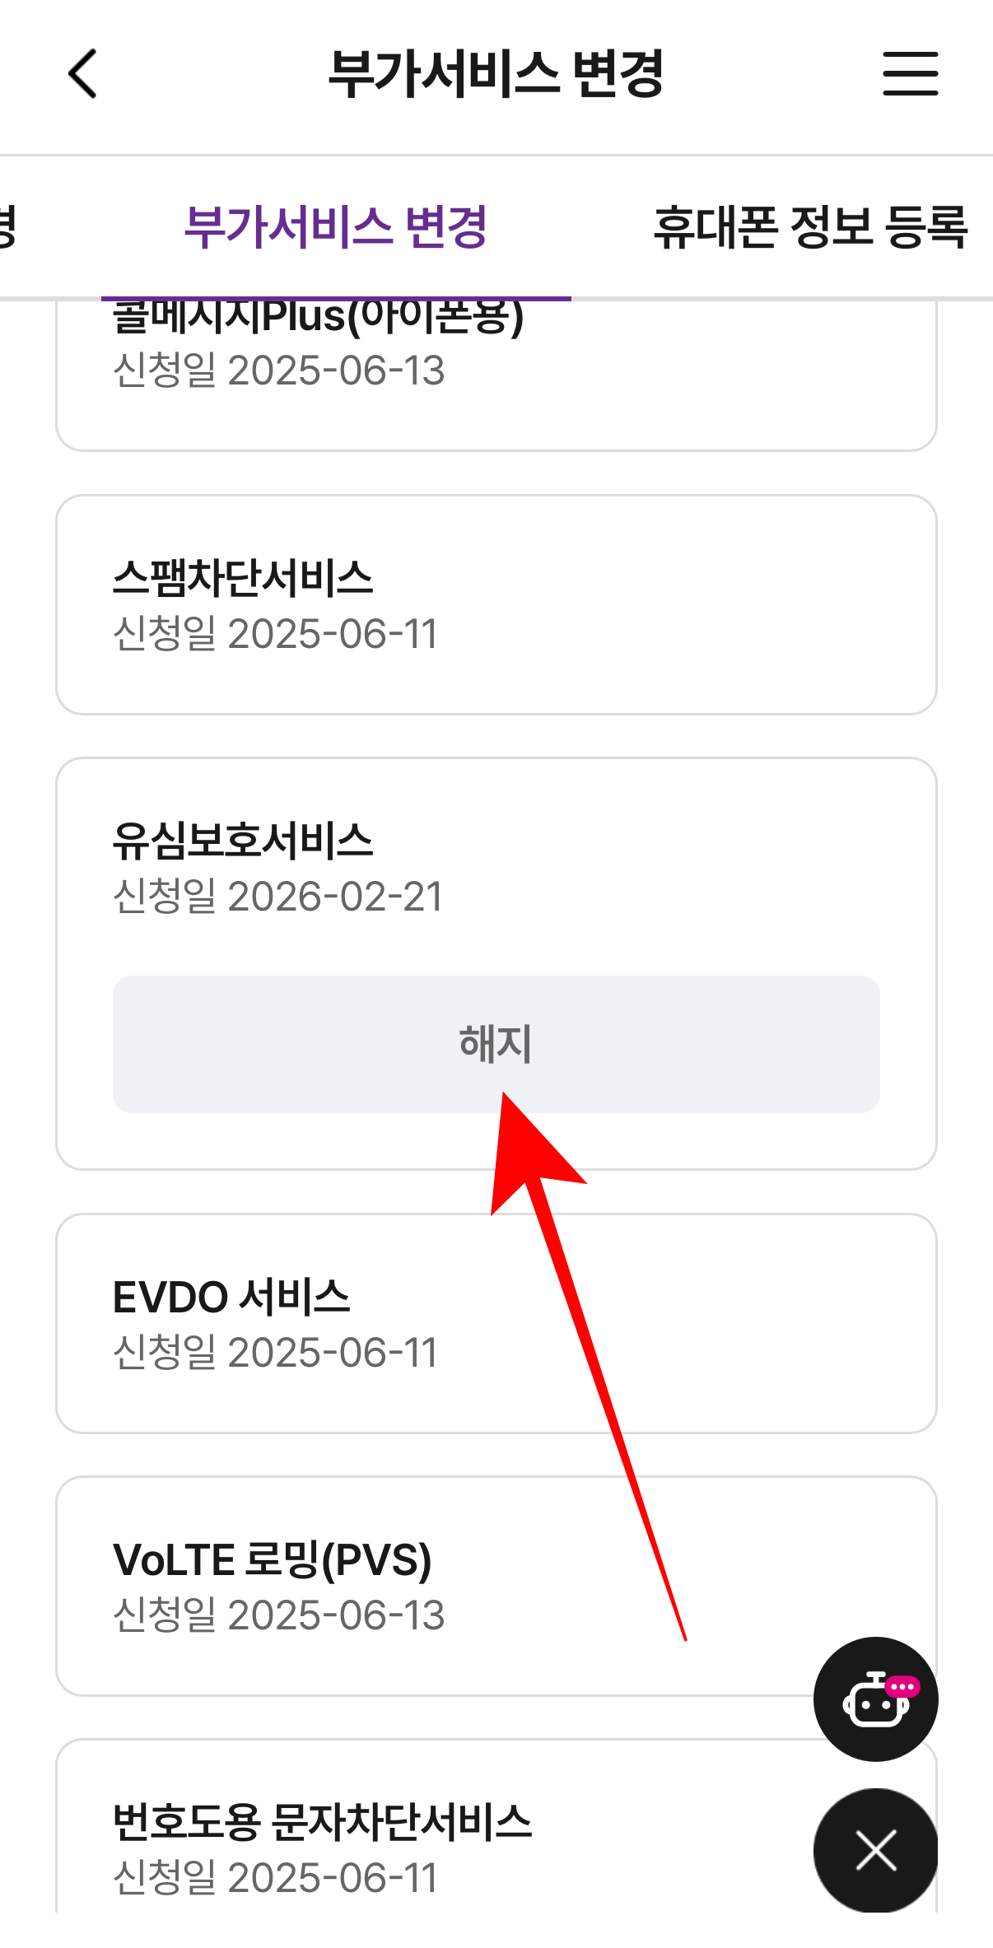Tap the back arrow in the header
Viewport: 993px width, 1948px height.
(x=83, y=73)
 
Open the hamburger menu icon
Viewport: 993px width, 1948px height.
(x=910, y=73)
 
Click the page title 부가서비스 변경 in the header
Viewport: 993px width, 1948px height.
(x=496, y=73)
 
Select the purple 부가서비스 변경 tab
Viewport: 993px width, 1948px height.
(x=336, y=227)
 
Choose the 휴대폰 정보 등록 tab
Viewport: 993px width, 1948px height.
(x=810, y=227)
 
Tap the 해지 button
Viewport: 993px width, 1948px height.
(x=496, y=1044)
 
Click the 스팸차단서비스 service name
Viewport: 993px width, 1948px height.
(x=243, y=577)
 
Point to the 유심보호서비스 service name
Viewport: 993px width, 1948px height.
(x=243, y=841)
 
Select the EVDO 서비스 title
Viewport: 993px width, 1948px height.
(x=231, y=1297)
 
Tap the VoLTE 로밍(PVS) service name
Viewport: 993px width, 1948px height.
(x=272, y=1560)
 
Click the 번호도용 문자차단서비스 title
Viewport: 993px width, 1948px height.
(x=322, y=1822)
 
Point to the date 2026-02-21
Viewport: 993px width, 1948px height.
(x=335, y=897)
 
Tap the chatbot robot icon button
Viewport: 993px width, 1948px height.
(x=875, y=1699)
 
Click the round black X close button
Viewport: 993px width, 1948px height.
(x=875, y=1850)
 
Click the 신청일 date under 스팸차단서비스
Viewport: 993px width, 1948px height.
(x=275, y=634)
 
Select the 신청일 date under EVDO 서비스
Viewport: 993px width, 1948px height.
(x=275, y=1353)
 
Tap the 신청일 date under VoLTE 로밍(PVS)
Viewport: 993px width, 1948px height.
(x=278, y=1615)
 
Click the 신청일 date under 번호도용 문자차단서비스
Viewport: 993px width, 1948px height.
(x=275, y=1878)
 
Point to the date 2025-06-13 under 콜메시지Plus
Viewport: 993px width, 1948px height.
(x=336, y=370)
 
